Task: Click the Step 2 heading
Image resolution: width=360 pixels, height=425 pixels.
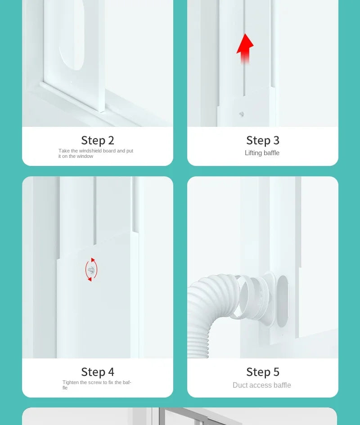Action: [98, 140]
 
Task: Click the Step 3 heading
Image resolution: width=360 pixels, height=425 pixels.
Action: [263, 140]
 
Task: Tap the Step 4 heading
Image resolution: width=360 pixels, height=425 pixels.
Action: [98, 372]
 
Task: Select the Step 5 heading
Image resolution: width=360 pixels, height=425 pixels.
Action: [263, 372]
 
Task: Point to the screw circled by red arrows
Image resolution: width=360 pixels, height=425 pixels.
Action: [91, 270]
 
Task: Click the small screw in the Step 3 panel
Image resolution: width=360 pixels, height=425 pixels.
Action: [242, 114]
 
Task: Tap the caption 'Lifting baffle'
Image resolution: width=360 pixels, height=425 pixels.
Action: [262, 153]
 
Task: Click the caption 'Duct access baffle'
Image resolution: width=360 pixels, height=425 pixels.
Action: [262, 385]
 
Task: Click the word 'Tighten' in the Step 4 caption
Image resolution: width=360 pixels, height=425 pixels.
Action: [70, 382]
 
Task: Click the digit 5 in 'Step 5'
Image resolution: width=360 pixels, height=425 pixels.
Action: [276, 372]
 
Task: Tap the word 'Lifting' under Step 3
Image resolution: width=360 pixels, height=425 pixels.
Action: [253, 153]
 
